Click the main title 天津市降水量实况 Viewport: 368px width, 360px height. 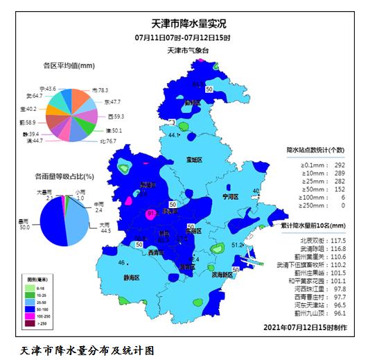pos(183,24)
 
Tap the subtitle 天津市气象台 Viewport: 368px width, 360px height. pos(183,51)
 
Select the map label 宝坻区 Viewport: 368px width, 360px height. pos(194,160)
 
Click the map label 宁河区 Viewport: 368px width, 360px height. pos(229,197)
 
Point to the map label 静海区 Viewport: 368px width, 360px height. pos(132,277)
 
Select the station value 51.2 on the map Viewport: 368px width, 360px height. pos(238,245)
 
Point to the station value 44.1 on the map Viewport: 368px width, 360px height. pos(175,135)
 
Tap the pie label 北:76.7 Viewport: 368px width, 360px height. pos(107,141)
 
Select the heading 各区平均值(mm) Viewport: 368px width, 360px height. pos(69,66)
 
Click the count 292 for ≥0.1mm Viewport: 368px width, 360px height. pos(340,164)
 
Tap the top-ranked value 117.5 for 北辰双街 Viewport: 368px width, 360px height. pos(338,239)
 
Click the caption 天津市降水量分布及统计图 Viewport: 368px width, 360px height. pos(87,350)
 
